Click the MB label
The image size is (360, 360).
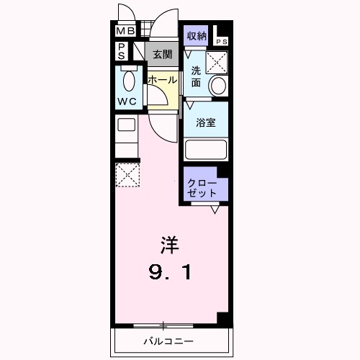tap(125, 31)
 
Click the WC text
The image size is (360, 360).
tap(127, 102)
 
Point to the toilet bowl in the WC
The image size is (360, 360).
tap(130, 79)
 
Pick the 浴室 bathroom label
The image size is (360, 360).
tap(206, 122)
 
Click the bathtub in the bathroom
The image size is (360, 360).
tap(206, 150)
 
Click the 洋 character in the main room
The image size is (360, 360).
tap(170, 245)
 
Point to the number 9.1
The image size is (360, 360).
tap(170, 272)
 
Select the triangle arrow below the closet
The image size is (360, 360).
tap(215, 210)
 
